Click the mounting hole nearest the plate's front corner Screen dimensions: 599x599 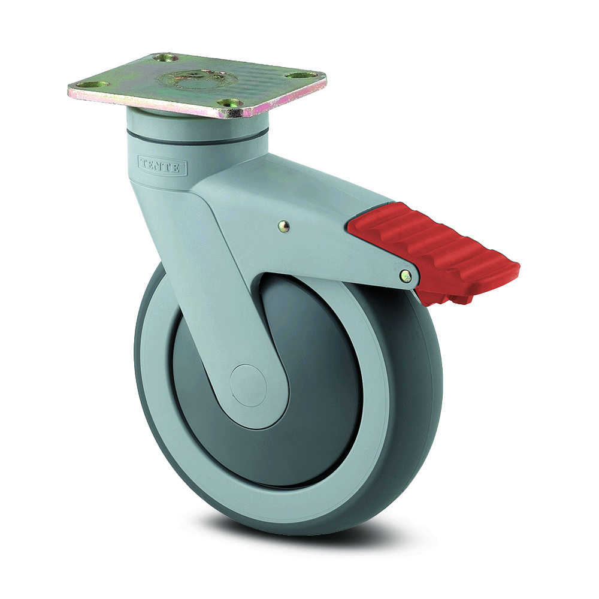tap(229, 103)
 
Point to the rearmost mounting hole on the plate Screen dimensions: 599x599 tap(166, 58)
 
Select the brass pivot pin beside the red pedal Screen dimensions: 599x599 tap(406, 276)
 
